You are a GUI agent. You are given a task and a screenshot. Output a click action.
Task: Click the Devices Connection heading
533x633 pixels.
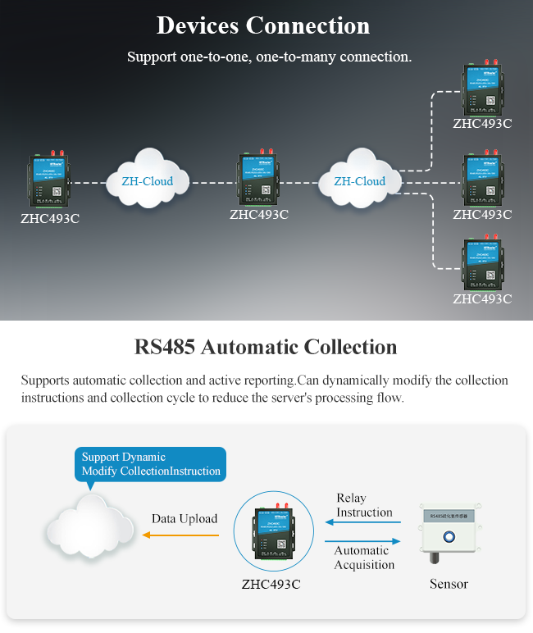263,25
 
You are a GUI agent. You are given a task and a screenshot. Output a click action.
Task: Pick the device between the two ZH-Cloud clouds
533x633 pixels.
259,180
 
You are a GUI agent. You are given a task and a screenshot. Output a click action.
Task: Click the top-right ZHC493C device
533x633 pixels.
482,89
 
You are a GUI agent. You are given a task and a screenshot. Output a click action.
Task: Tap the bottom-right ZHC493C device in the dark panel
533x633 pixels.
482,265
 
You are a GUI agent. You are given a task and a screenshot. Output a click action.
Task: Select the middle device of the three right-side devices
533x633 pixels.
482,179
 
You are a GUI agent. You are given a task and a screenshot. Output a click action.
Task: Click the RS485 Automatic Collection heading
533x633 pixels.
266,347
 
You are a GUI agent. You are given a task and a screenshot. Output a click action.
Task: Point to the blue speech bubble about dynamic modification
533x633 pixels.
150,464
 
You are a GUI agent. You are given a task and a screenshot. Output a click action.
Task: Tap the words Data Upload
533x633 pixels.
184,518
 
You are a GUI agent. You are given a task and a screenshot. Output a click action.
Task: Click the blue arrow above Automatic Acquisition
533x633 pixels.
363,541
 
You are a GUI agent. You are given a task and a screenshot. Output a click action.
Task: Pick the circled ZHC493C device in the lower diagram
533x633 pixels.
271,534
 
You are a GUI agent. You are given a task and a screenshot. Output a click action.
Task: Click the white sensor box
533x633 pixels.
449,532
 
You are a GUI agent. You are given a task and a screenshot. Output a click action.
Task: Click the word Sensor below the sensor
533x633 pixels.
449,584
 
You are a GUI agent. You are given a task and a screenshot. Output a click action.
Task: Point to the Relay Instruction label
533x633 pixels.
365,505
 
